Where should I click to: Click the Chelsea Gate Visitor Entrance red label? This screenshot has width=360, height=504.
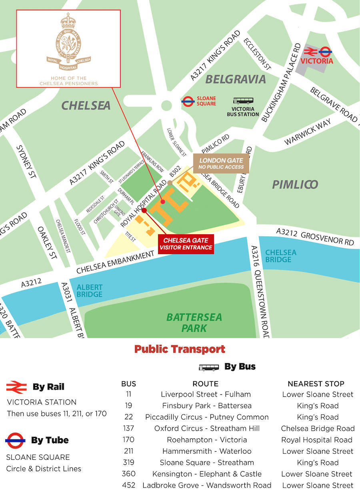[x=186, y=244]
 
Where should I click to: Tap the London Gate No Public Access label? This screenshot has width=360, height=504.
[x=221, y=163]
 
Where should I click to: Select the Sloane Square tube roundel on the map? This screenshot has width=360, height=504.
[x=188, y=101]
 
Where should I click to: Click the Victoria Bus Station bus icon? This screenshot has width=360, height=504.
[x=243, y=101]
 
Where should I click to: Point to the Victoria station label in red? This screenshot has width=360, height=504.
[x=317, y=61]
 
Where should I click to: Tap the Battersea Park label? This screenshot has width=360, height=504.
[x=194, y=323]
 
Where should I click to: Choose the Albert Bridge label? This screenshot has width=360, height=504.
[x=90, y=291]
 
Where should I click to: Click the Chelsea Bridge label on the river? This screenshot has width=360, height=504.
[x=281, y=256]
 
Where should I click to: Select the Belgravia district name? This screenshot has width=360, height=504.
[x=236, y=79]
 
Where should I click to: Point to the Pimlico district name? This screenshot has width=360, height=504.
[x=295, y=184]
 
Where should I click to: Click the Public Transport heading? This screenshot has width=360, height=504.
[x=180, y=349]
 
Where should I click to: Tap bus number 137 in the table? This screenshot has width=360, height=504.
[x=128, y=428]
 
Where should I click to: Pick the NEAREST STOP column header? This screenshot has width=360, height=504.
[x=316, y=384]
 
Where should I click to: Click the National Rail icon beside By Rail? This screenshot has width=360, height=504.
[x=16, y=387]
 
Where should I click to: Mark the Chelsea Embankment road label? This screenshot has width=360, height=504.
[x=115, y=263]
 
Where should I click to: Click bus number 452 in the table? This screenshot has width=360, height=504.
[x=128, y=485]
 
